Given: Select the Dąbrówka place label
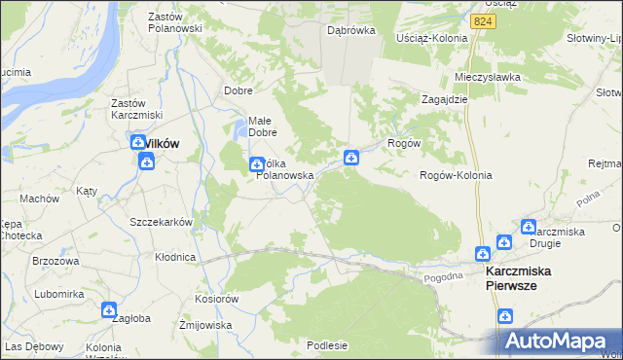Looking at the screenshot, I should tap(351, 30).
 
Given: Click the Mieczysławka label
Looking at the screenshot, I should tap(488, 76).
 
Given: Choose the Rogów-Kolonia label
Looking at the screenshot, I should tap(455, 175).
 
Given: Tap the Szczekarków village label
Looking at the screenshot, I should tap(162, 222).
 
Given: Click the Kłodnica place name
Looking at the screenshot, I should tap(175, 257).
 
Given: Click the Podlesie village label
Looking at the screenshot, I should tap(327, 344).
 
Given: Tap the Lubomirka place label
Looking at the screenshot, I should tap(57, 293).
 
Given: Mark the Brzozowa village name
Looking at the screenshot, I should tap(55, 261).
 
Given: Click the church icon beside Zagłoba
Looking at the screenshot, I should tap(109, 309).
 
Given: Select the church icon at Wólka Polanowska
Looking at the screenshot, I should tap(256, 164).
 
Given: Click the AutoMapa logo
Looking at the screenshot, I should tap(559, 342).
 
